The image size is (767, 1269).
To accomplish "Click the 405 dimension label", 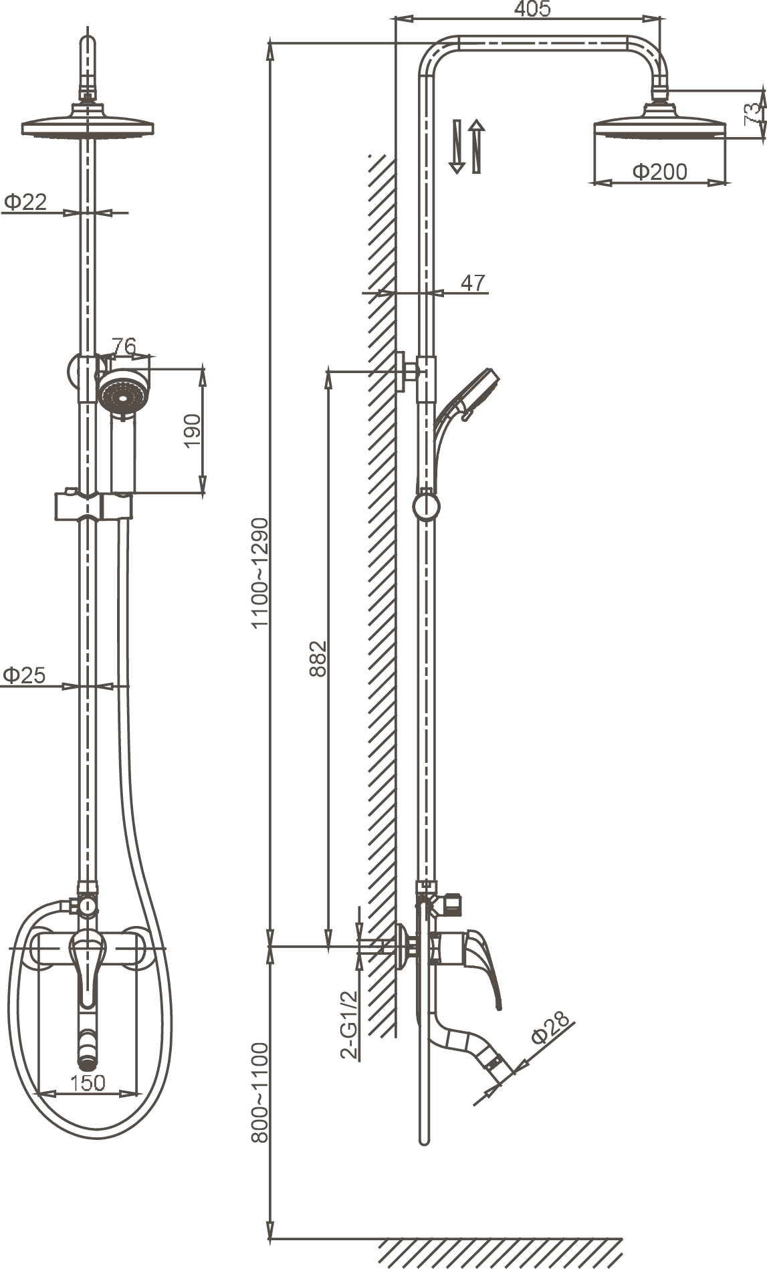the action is tap(533, 9).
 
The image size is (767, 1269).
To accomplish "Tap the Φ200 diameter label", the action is tap(659, 172).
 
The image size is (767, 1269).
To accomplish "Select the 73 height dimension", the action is tap(753, 114).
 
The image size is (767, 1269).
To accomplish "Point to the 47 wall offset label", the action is tap(473, 283).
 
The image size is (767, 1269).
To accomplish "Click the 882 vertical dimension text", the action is tap(318, 659).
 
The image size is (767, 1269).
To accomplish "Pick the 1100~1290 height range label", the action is tap(259, 573).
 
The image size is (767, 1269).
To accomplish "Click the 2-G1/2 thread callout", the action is tap(349, 1024).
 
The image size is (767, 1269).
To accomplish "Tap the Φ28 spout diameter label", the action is tap(550, 1027).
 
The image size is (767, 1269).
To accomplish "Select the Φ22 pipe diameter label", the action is tap(25, 201).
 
